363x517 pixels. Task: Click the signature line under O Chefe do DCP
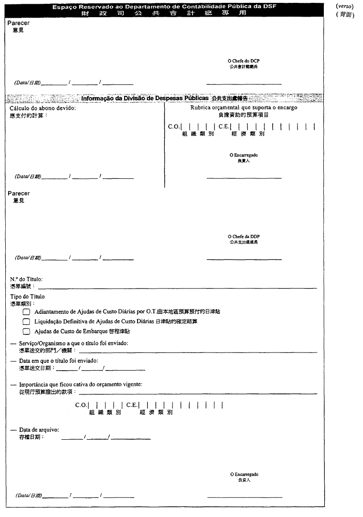coord(244,84)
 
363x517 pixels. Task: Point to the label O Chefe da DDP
coord(244,237)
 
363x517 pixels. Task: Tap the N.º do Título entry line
coord(177,288)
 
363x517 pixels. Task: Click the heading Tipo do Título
coord(27,297)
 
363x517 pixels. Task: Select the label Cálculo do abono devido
coord(43,108)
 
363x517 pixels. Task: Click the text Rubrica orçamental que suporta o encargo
coord(244,108)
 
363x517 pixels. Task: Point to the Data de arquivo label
coord(39,430)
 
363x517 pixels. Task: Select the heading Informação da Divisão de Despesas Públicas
coord(145,98)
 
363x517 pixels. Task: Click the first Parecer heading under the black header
coord(19,23)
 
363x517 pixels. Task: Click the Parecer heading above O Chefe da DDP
coord(19,194)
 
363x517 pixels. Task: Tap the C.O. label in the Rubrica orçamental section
coord(173,127)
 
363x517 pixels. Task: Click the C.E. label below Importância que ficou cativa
coord(132,405)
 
